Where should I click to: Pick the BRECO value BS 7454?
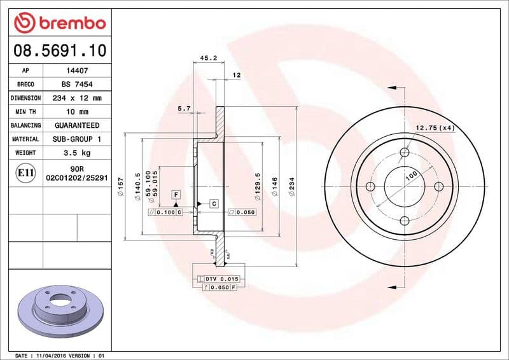76,85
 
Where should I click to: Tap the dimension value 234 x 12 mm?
76,99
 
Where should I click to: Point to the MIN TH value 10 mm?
76,112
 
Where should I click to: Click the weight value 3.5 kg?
76,153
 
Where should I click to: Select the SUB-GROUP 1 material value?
76,139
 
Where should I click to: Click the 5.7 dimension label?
184,109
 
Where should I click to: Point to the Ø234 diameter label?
291,187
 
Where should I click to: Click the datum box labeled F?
175,193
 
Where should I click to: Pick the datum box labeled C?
214,204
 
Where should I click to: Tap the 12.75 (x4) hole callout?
436,128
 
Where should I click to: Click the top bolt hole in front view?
404,152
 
